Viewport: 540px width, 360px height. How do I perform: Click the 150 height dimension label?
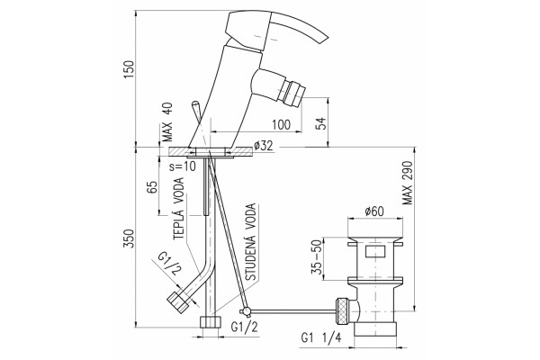129,69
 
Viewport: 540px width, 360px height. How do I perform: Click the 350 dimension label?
129,238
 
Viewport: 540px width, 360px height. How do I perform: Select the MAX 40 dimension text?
167,122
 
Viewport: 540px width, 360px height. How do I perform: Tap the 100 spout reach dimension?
281,125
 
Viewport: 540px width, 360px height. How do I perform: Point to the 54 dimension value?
320,123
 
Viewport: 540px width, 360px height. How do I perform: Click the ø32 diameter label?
263,146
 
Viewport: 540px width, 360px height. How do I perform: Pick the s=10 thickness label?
183,166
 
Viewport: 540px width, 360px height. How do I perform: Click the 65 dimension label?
152,187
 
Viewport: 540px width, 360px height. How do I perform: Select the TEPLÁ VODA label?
179,209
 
